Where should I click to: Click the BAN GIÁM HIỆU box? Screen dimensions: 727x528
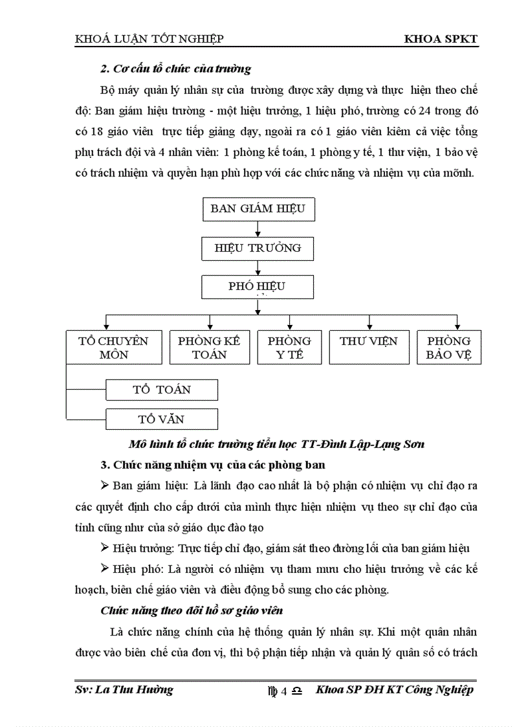pos(258,209)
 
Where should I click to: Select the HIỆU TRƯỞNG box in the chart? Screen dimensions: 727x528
pos(258,248)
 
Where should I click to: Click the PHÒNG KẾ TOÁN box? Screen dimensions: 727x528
pos(209,348)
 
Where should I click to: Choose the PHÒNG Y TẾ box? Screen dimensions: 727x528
pos(289,348)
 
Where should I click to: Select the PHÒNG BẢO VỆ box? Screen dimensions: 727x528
pos(448,348)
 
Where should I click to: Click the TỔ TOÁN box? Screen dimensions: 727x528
pos(162,390)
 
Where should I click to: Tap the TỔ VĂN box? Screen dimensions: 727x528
pos(162,419)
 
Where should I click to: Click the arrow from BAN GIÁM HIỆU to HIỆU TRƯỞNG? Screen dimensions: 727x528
pos(258,229)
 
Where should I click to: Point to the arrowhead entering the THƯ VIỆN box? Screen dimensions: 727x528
pos(369,328)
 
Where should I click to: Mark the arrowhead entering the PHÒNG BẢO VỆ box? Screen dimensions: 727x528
pos(457,328)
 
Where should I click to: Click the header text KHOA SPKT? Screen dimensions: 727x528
pos(441,39)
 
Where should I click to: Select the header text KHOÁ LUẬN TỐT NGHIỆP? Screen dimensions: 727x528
pos(149,39)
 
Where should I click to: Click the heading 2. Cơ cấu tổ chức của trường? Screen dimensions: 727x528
pos(175,68)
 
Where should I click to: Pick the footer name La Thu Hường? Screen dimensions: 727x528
pos(124,689)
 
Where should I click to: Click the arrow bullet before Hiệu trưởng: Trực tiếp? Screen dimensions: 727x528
pos(105,548)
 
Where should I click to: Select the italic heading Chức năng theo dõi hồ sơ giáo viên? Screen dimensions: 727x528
pos(192,610)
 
